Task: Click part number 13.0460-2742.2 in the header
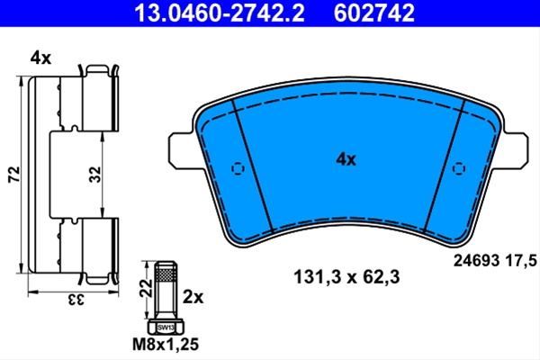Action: [x=220, y=13]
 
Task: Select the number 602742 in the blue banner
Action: [x=374, y=13]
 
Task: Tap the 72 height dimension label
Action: [x=14, y=175]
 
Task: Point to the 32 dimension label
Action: [x=95, y=175]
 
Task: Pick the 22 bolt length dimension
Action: [x=147, y=288]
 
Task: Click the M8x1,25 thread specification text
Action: [x=166, y=345]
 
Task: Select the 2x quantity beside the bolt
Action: [x=193, y=297]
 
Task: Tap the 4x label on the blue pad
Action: [x=346, y=159]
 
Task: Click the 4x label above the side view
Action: [x=40, y=58]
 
